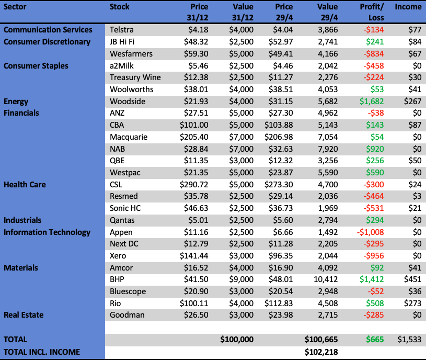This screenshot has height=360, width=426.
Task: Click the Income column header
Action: click(408, 7)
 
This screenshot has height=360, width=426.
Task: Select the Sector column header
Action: click(16, 7)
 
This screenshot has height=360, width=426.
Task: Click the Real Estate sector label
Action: click(24, 315)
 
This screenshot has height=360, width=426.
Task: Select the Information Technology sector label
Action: click(47, 232)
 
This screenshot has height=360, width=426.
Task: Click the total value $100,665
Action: click(321, 339)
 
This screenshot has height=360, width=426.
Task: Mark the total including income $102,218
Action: click(321, 352)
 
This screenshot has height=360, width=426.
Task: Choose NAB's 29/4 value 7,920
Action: click(328, 149)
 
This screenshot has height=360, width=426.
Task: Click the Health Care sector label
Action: click(25, 185)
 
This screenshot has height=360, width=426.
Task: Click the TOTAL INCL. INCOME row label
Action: click(42, 352)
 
